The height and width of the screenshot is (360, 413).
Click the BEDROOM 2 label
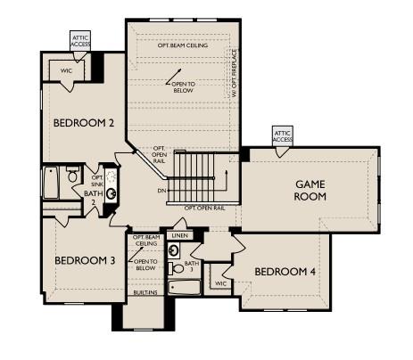pyautogui.click(x=83, y=123)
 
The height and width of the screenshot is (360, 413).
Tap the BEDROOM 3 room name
pyautogui.click(x=85, y=260)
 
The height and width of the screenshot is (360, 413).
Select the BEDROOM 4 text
pyautogui.click(x=285, y=271)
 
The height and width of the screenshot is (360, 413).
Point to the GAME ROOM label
pyautogui.click(x=310, y=190)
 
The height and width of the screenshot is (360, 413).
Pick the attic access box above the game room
pyautogui.click(x=283, y=135)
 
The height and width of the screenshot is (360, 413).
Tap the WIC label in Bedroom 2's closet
pyautogui.click(x=66, y=70)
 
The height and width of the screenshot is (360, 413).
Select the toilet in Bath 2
pyautogui.click(x=73, y=176)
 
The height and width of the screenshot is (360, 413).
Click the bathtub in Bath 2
pyautogui.click(x=52, y=184)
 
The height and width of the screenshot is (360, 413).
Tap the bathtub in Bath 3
pyautogui.click(x=185, y=289)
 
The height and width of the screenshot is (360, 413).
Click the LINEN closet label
pyautogui.click(x=180, y=235)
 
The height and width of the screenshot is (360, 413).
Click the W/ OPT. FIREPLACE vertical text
pyautogui.click(x=234, y=77)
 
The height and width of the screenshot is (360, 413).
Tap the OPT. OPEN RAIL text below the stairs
pyautogui.click(x=204, y=208)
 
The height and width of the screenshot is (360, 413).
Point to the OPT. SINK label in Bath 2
pyautogui.click(x=97, y=168)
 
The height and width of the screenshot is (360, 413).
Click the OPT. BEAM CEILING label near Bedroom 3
pyautogui.click(x=145, y=240)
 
